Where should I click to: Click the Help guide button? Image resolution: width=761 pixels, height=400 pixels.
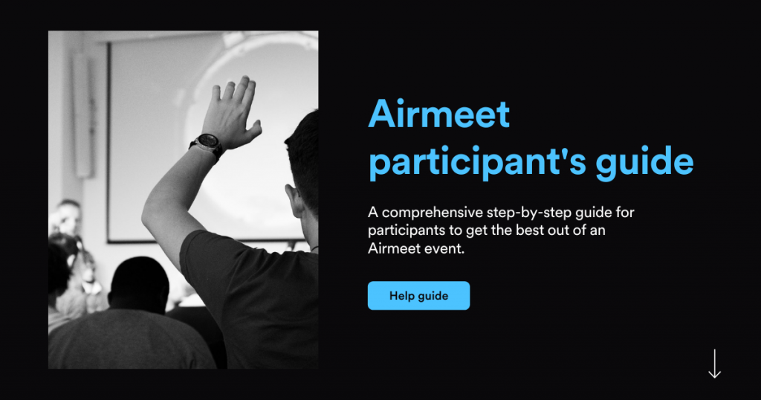click(x=418, y=295)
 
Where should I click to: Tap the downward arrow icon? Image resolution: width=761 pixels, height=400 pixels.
click(x=714, y=364)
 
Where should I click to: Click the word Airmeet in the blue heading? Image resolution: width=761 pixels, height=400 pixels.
click(x=439, y=114)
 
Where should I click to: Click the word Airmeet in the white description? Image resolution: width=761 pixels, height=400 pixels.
click(x=392, y=248)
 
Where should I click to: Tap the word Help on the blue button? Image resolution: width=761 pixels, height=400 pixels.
click(x=402, y=295)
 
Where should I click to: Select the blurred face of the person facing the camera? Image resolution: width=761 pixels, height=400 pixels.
click(x=68, y=217)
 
